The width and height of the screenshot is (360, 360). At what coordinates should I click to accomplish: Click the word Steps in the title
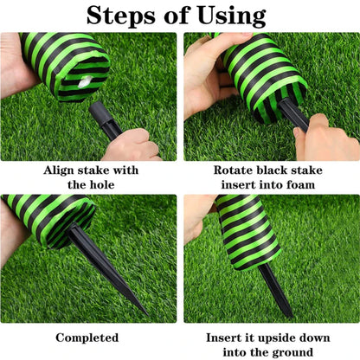click(120, 16)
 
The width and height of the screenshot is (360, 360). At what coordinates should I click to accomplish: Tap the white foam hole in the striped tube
click(85, 80)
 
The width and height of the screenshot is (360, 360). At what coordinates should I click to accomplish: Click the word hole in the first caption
click(102, 184)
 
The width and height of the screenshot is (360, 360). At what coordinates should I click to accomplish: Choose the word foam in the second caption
click(300, 184)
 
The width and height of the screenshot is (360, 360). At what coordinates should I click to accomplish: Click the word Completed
click(87, 337)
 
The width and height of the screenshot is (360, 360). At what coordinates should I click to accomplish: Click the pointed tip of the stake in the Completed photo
click(147, 315)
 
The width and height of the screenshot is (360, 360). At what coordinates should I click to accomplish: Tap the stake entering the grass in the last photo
click(275, 292)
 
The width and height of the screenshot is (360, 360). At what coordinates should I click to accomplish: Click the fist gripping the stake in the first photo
click(132, 145)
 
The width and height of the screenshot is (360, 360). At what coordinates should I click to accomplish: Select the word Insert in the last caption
click(220, 337)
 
